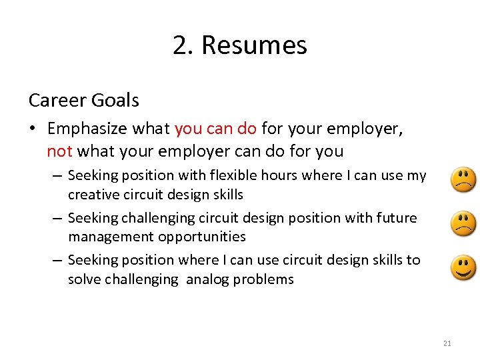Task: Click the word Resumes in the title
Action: point(254,45)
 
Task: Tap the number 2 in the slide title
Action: point(179,45)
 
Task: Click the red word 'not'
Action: point(59,151)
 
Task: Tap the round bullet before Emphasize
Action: point(33,129)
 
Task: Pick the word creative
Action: point(92,195)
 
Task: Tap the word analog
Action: point(208,279)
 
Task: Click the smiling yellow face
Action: point(464,267)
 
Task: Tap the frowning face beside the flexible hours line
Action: point(464,180)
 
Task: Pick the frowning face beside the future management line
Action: point(464,223)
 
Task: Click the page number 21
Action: point(447,343)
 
